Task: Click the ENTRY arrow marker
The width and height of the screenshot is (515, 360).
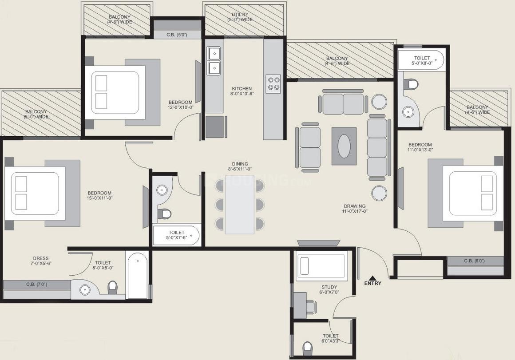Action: [x=372, y=277]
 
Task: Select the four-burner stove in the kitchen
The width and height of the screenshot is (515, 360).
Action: [x=273, y=83]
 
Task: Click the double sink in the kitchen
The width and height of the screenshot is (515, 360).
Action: [x=214, y=60]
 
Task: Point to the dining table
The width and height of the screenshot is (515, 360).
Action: [x=240, y=204]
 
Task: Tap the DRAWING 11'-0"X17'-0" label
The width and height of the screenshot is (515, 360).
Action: [x=355, y=209]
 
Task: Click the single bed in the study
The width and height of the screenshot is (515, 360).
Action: [x=320, y=266]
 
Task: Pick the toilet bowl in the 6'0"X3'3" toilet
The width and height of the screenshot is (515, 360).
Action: [x=307, y=347]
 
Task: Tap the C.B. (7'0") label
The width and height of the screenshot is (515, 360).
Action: [x=36, y=284]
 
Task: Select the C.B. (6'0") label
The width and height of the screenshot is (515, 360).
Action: [x=475, y=261]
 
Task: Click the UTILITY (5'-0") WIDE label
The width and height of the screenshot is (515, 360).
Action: [x=240, y=17]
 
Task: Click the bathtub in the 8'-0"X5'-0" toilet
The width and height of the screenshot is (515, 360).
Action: [x=137, y=276]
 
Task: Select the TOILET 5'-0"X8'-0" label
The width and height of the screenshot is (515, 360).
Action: [x=421, y=61]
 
